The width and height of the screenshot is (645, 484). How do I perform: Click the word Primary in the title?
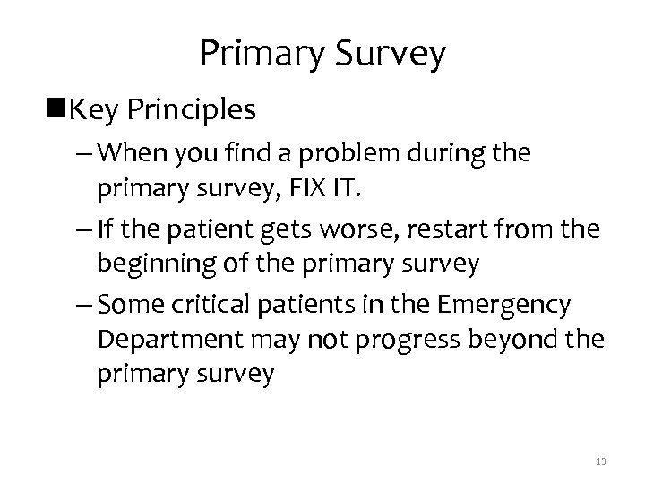tap(259, 54)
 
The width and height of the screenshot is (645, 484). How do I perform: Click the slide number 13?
tap(599, 461)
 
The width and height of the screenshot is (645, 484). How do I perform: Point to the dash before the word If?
tap(76, 230)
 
